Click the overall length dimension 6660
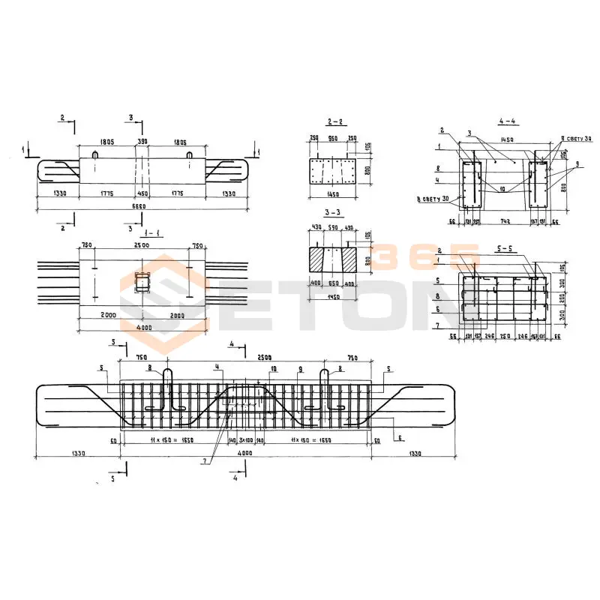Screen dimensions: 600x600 coord(142,205)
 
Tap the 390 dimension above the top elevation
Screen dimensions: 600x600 coord(142,141)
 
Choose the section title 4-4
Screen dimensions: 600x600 coord(507,121)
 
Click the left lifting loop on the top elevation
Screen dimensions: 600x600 coord(95,155)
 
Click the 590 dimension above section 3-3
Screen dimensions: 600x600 coord(334,228)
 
